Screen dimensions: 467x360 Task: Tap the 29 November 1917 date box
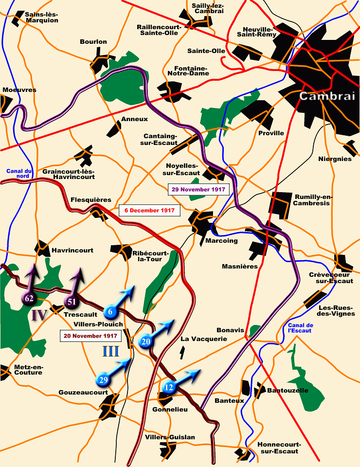pos(198,189)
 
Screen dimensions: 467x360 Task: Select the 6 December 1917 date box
pos(150,211)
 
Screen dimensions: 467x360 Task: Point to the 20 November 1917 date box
pos(90,336)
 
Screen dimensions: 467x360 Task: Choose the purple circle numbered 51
pos(72,302)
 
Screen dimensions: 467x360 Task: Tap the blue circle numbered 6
pos(110,311)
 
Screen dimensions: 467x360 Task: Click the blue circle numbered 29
pos(103,379)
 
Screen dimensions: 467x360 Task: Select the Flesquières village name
pos(90,199)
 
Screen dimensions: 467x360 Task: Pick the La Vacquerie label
pos(203,339)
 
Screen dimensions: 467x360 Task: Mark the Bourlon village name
pos(93,42)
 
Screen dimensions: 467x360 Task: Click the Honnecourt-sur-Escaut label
pos(279,448)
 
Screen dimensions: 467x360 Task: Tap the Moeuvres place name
pos(19,90)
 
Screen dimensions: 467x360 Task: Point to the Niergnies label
pos(335,159)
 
